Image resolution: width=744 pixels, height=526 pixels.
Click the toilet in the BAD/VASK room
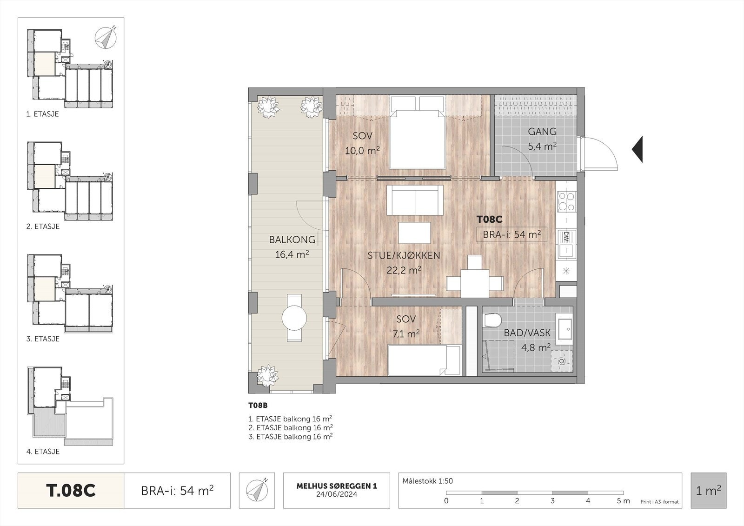pyautogui.click(x=492, y=320)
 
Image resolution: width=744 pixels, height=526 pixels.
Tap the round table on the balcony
pyautogui.click(x=294, y=318)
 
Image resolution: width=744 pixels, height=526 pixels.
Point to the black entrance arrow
pyautogui.click(x=637, y=149)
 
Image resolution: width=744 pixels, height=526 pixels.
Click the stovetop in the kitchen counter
pyautogui.click(x=566, y=202)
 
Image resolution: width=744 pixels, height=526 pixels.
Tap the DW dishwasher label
pyautogui.click(x=566, y=237)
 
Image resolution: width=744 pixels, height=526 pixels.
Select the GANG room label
pyautogui.click(x=542, y=132)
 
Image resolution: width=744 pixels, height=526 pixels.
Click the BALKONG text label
pyautogui.click(x=292, y=240)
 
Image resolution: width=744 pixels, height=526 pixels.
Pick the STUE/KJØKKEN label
pyautogui.click(x=404, y=255)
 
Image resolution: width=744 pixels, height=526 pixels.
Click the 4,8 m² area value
pyautogui.click(x=536, y=347)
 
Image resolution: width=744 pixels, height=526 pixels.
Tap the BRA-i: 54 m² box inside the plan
pyautogui.click(x=512, y=234)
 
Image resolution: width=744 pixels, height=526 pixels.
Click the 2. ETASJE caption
pyautogui.click(x=43, y=226)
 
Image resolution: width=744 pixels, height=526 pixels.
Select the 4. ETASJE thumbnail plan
pyautogui.click(x=70, y=406)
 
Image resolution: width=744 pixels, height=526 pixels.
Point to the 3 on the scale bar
pyautogui.click(x=552, y=501)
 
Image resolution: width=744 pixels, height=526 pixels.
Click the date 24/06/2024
pyautogui.click(x=337, y=494)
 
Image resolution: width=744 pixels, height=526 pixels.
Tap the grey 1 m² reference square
pyautogui.click(x=709, y=491)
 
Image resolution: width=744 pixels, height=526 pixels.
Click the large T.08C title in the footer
pyautogui.click(x=71, y=491)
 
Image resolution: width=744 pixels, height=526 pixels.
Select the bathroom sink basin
pyautogui.click(x=565, y=330)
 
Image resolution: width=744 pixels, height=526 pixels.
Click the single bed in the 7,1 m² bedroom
pyautogui.click(x=424, y=360)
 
